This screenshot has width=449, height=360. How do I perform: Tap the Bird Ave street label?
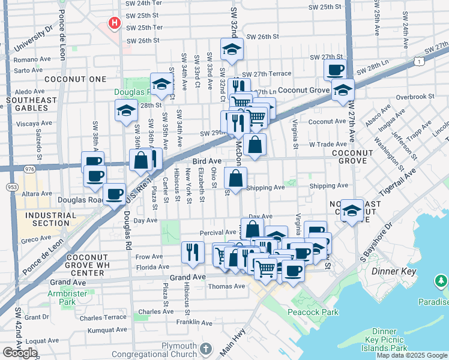tap(207, 161)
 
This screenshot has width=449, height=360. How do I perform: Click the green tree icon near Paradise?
tap(441, 281)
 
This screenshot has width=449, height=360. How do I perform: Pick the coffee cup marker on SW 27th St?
tap(336, 70)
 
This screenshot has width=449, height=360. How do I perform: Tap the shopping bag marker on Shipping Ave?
tap(235, 178)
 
